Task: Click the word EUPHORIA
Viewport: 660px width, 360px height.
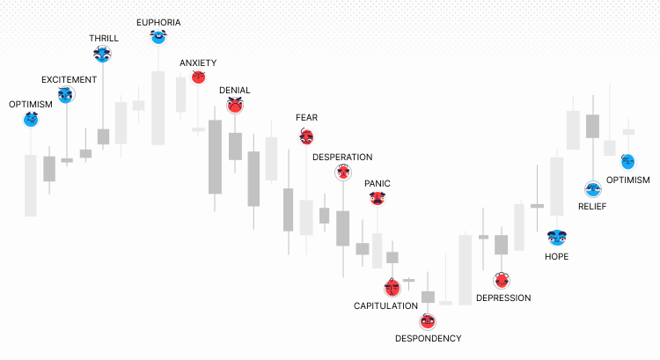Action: click(158, 20)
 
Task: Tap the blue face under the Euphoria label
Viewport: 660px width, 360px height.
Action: click(158, 36)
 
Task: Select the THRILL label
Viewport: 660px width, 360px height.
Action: click(104, 38)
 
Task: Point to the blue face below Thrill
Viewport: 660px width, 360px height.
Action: click(103, 55)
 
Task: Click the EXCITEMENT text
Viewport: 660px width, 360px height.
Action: click(69, 79)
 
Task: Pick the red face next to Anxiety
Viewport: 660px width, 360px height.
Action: click(200, 77)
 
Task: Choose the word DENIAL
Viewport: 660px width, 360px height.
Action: click(234, 90)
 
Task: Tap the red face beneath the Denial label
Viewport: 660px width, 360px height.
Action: click(234, 106)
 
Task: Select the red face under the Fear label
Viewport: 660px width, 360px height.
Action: click(306, 136)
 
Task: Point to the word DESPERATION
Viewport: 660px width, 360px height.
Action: click(342, 157)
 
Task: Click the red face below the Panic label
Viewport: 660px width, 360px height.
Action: click(378, 198)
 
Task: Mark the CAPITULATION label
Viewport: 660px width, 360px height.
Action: click(385, 305)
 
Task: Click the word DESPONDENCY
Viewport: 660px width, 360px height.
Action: click(428, 338)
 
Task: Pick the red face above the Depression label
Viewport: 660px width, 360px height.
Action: click(502, 281)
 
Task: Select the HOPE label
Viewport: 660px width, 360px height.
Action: click(556, 256)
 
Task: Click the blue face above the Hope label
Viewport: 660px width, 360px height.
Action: click(556, 237)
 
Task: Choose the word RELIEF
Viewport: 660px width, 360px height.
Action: click(592, 206)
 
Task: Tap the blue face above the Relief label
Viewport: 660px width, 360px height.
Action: click(592, 188)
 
